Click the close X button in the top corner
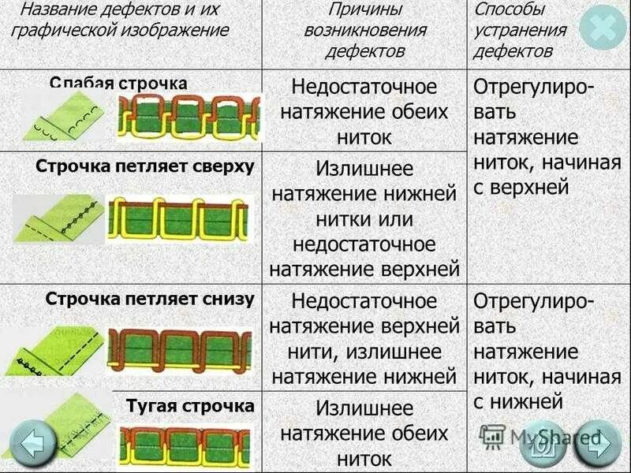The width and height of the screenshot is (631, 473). [603, 29]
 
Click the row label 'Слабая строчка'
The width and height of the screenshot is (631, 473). [118, 83]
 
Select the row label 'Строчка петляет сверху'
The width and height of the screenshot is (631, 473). [145, 166]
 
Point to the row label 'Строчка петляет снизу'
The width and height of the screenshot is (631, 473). [150, 299]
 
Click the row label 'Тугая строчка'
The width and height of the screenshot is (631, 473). [190, 406]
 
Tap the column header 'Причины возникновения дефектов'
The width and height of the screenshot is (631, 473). [364, 31]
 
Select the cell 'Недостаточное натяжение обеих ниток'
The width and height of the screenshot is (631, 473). [364, 111]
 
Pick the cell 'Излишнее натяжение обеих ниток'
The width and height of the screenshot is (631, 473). [364, 433]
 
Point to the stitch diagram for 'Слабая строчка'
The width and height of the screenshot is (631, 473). [188, 118]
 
